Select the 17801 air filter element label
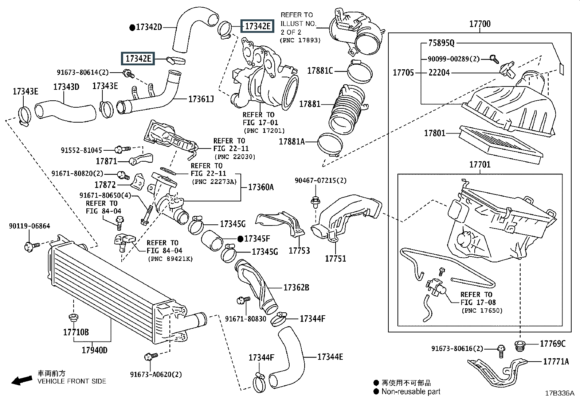coord(435,133)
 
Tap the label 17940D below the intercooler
coord(94,350)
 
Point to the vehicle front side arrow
coord(21,381)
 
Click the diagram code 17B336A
coord(559,393)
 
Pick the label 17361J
coord(201,99)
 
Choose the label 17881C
coord(320,71)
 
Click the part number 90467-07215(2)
coord(321,181)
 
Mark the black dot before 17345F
coord(240,239)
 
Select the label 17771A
coord(556,362)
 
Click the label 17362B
coord(296,288)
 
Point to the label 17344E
coord(330,357)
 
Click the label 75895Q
coord(441,43)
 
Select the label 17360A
coord(260,187)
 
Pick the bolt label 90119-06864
coord(29,226)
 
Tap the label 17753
coord(299,251)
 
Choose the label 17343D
coord(66,87)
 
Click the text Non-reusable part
coord(411,392)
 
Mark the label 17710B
coord(76,332)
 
